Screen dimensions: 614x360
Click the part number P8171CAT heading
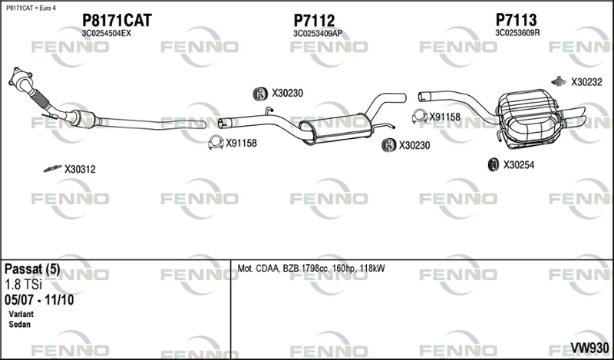pyautogui.click(x=117, y=21)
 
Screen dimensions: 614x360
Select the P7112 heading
pyautogui.click(x=314, y=21)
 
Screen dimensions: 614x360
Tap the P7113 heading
pyautogui.click(x=516, y=20)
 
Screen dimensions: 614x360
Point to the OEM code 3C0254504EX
pyautogui.click(x=107, y=34)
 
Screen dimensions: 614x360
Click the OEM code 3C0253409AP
pyautogui.click(x=318, y=34)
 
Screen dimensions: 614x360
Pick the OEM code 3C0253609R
pyautogui.click(x=517, y=33)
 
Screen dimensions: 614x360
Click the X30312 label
pyautogui.click(x=80, y=169)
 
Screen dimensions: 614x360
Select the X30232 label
pyautogui.click(x=586, y=82)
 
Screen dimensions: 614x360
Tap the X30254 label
pyautogui.click(x=519, y=165)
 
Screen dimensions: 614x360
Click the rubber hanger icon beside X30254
pyautogui.click(x=493, y=164)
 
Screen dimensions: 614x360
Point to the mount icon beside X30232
pyautogui.click(x=559, y=81)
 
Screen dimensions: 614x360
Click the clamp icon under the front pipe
pyautogui.click(x=216, y=143)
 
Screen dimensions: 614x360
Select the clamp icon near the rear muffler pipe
pyautogui.click(x=420, y=117)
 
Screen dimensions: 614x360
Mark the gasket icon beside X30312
pyautogui.click(x=52, y=168)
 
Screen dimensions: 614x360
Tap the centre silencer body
pyautogui.click(x=334, y=128)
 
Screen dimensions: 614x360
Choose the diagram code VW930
pyautogui.click(x=589, y=348)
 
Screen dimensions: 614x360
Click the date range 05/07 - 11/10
pyautogui.click(x=39, y=300)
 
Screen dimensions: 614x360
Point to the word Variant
pyautogui.click(x=21, y=314)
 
